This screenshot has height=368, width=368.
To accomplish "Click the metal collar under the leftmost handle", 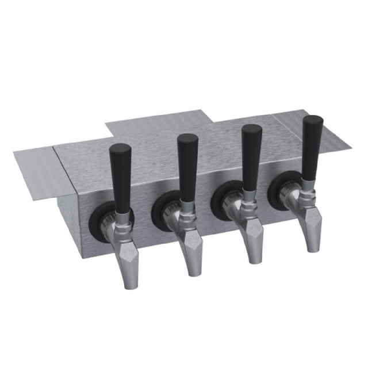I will pos(122,211).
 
